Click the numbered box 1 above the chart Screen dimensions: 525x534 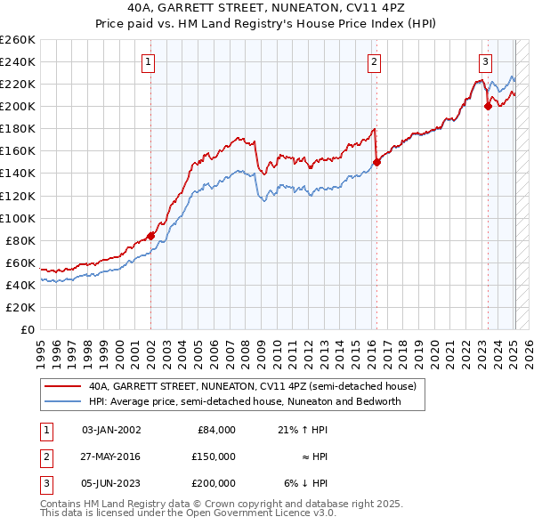pos(147,61)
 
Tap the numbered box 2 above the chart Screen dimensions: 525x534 pos(374,61)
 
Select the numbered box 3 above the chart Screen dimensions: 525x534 pos(485,61)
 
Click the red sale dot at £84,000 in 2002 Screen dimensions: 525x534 pos(150,235)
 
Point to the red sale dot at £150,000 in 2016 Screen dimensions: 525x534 pos(376,162)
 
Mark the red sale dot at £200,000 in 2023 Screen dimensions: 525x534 pos(488,106)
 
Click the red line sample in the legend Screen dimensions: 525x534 pos(62,387)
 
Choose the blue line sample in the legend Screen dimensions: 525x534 pos(62,401)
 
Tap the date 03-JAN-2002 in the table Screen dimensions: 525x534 pos(111,430)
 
